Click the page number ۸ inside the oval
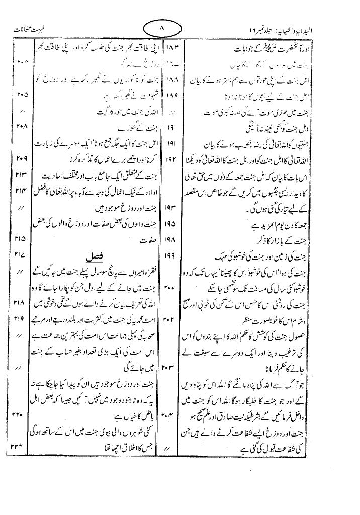pyautogui.click(x=162, y=29)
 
